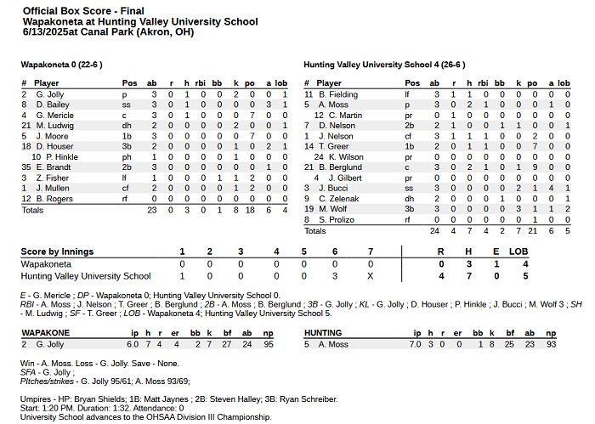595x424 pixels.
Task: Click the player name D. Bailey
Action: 51,105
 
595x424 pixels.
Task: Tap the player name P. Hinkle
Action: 62,157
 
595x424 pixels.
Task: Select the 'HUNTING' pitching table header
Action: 322,333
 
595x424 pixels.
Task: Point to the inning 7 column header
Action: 369,252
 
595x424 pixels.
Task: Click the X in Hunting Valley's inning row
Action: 369,276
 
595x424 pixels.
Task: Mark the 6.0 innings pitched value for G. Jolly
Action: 133,344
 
